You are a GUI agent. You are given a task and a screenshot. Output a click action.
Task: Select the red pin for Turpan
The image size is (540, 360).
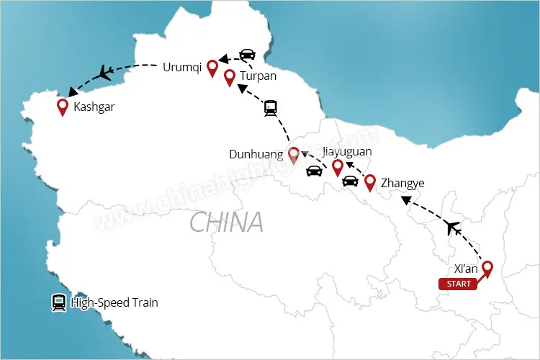pyautogui.click(x=229, y=77)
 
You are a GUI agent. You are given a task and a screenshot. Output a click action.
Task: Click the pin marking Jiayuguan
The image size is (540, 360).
pyautogui.click(x=337, y=168)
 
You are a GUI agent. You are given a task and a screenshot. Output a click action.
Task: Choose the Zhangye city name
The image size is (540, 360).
pyautogui.click(x=402, y=182)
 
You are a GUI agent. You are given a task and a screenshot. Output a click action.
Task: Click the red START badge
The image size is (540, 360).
pyautogui.click(x=459, y=284)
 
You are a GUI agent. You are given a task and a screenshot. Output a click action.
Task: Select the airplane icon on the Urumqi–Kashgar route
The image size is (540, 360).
pyautogui.click(x=104, y=72)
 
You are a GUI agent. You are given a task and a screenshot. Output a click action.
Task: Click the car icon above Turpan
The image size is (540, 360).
pyautogui.click(x=247, y=55)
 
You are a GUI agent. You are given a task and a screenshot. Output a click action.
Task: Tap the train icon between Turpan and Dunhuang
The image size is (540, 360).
pyautogui.click(x=271, y=109)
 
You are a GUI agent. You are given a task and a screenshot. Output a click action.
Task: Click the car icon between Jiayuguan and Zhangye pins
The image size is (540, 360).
pyautogui.click(x=350, y=181)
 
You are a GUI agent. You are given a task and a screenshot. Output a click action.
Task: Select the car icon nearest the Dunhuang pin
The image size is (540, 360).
pyautogui.click(x=314, y=171)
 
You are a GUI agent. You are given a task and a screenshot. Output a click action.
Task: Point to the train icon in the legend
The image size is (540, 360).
pyautogui.click(x=58, y=303)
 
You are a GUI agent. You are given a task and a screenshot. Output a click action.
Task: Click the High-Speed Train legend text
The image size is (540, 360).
pyautogui.click(x=114, y=303)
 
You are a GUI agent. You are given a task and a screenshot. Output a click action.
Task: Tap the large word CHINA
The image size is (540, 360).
pyautogui.click(x=226, y=222)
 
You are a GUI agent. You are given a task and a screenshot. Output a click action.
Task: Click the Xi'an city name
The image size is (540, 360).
pyautogui.click(x=466, y=269)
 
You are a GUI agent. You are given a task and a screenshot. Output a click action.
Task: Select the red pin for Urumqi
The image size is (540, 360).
pyautogui.click(x=212, y=68)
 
